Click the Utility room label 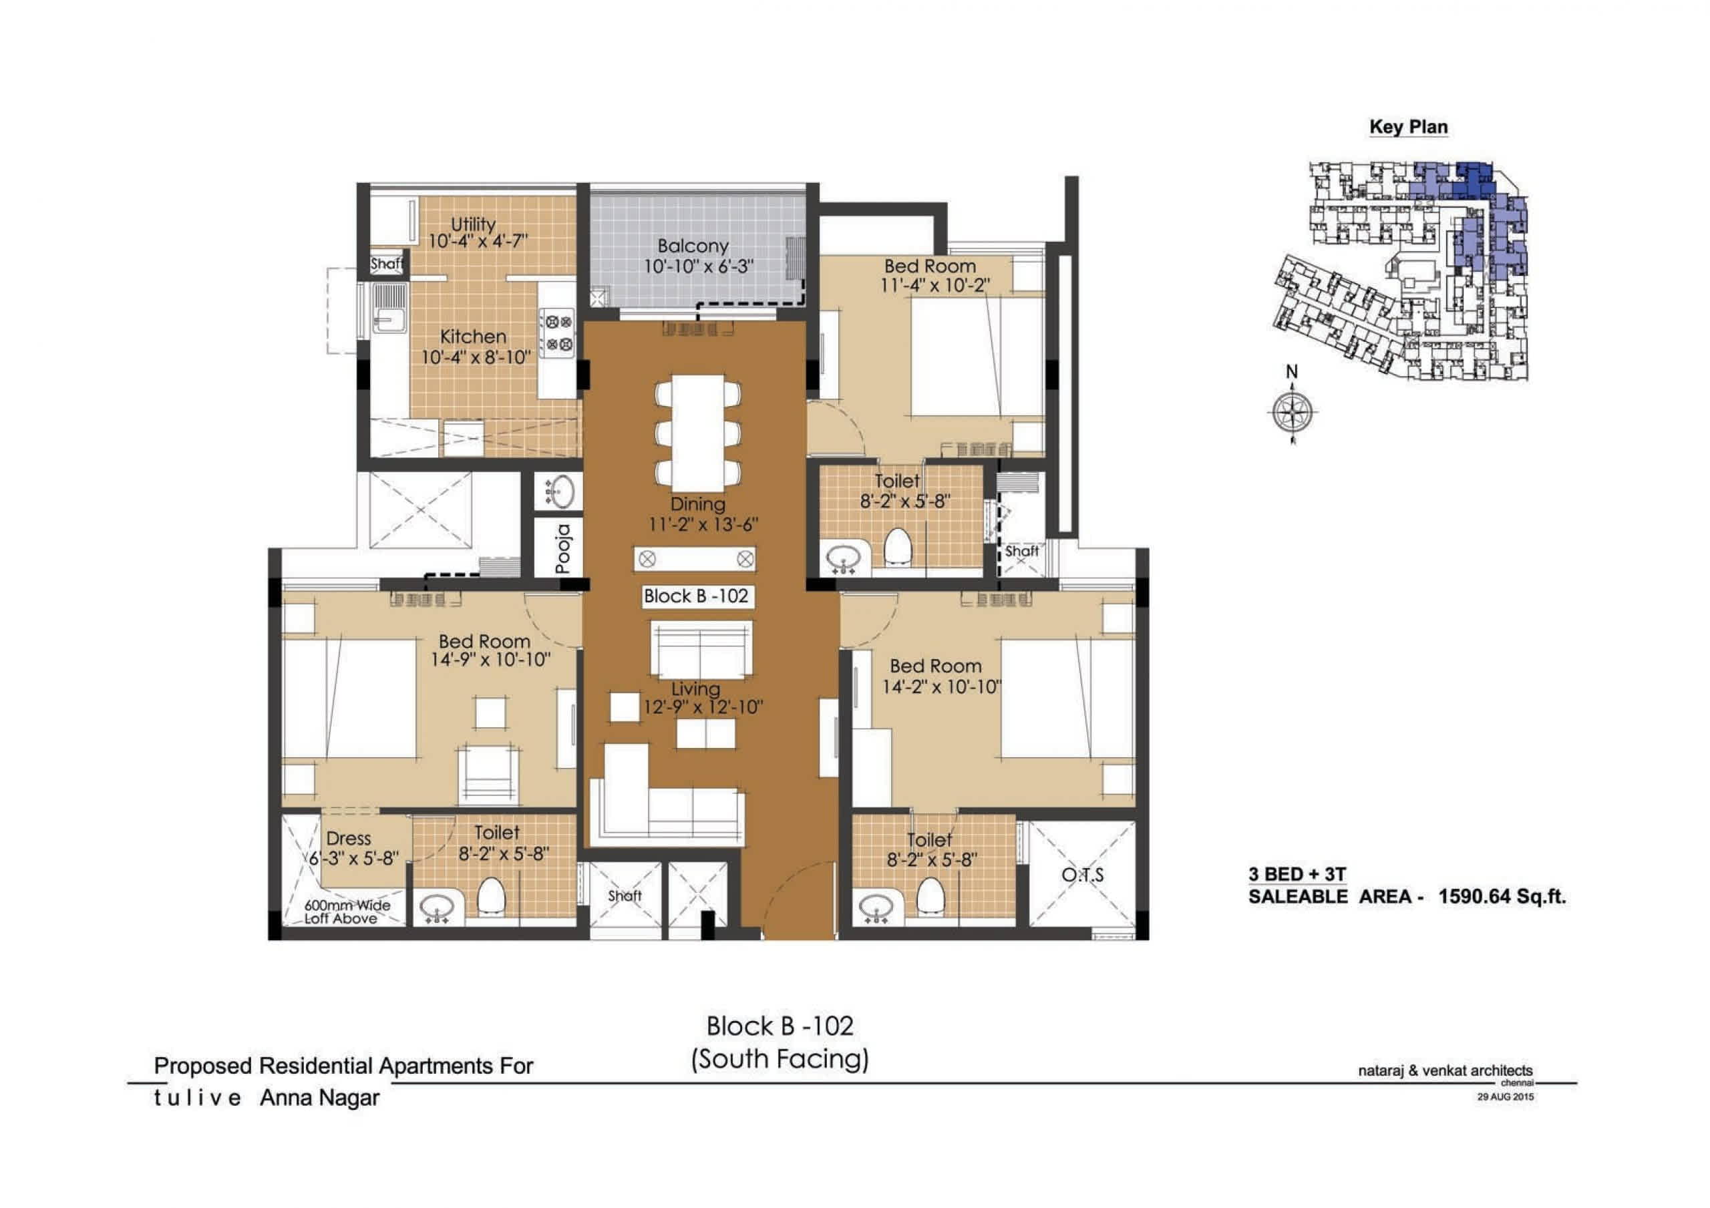click(473, 224)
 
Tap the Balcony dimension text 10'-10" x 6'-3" click(699, 266)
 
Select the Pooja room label click(563, 550)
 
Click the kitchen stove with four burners click(557, 333)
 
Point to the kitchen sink click(389, 309)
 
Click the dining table click(698, 433)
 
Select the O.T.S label click(1082, 875)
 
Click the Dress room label click(348, 839)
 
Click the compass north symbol click(1292, 406)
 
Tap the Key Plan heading click(1408, 128)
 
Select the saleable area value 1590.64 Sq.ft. click(1502, 896)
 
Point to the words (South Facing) click(780, 1059)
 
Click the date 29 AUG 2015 click(1505, 1096)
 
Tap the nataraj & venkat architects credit click(1445, 1071)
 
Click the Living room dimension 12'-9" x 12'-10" click(703, 707)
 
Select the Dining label click(698, 504)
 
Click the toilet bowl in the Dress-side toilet click(491, 895)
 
